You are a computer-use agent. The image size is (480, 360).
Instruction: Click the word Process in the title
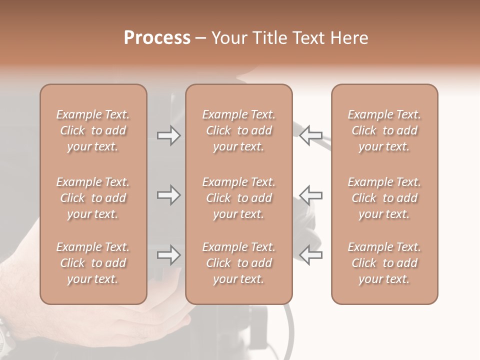coord(157,38)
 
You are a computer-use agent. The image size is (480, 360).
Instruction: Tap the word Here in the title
coord(350,38)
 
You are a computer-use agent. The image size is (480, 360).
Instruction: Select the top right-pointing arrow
coord(168,135)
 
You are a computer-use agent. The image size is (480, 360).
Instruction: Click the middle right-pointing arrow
coord(168,195)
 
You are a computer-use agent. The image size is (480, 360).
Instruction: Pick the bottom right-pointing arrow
coord(168,255)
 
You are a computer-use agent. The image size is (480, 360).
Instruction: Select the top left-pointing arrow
coord(311,135)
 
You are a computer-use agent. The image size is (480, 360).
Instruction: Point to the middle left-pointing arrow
coord(311,195)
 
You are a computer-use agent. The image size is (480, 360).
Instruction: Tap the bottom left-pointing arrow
coord(311,255)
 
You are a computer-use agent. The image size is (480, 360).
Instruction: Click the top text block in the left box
coord(93,130)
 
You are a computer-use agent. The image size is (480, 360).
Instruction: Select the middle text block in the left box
coord(93,198)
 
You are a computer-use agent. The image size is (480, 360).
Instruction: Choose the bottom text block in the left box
coord(93,263)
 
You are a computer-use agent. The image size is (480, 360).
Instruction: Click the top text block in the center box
coord(238,130)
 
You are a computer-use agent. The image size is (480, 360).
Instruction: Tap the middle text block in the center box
coord(238,198)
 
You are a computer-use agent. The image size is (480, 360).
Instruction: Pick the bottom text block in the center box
coord(238,263)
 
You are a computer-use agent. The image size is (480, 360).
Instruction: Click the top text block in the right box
coord(384,130)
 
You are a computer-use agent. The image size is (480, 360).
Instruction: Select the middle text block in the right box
coord(384,198)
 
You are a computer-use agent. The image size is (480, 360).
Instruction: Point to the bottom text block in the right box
coord(384,263)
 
